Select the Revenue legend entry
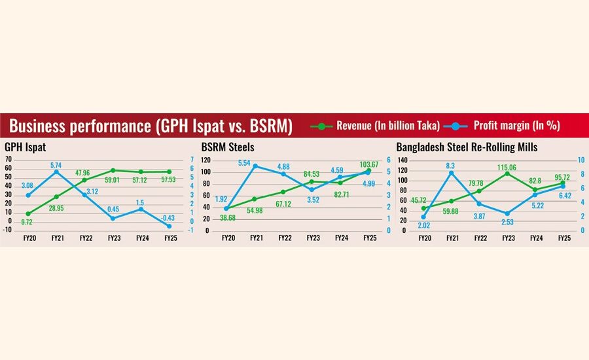[387, 124]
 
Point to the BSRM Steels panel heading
[228, 147]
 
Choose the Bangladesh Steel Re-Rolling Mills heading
[467, 147]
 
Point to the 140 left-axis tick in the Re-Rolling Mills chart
[402, 160]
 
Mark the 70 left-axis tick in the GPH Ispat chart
[9, 160]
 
